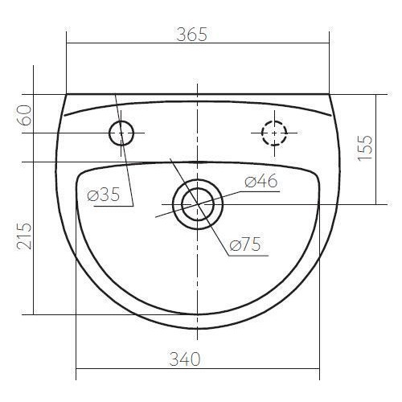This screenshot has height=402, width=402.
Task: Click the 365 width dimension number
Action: pyautogui.click(x=192, y=35)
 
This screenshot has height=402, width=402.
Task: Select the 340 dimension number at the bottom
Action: pyautogui.click(x=185, y=359)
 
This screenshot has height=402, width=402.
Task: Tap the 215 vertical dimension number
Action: pyautogui.click(x=24, y=236)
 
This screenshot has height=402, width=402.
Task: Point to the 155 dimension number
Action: pyautogui.click(x=365, y=148)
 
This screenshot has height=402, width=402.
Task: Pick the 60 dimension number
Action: pyautogui.click(x=24, y=115)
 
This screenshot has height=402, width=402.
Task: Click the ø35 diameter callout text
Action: pyautogui.click(x=104, y=195)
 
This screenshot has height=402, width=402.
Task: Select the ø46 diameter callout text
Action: pyautogui.click(x=260, y=181)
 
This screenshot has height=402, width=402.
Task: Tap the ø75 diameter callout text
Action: pyautogui.click(x=245, y=244)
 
